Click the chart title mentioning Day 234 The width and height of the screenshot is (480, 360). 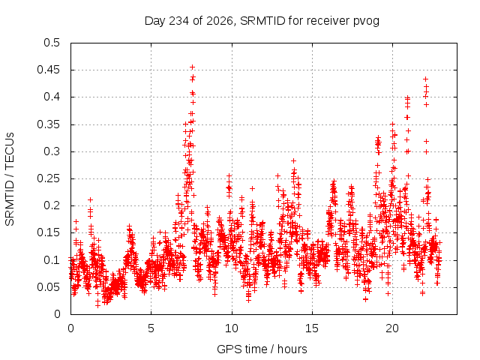click(262, 21)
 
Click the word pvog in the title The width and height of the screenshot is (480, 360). click(367, 22)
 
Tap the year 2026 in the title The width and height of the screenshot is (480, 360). click(220, 21)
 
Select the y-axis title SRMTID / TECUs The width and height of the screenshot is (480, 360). click(10, 179)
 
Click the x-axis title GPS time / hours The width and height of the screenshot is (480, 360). click(262, 349)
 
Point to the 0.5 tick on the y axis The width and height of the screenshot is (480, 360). click(52, 43)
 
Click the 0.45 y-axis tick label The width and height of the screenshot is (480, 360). click(49, 70)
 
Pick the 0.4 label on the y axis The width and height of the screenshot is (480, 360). click(52, 97)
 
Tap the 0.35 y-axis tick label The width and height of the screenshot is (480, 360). click(49, 124)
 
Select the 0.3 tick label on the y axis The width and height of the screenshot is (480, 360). click(52, 151)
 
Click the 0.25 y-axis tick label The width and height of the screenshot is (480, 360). click(49, 178)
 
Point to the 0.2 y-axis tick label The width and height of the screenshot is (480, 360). click(52, 205)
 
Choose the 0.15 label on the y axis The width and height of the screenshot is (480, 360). click(49, 232)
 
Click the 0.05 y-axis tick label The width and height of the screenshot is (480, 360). click(49, 287)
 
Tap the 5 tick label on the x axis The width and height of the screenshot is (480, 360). click(151, 328)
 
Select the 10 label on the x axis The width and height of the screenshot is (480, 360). click(232, 328)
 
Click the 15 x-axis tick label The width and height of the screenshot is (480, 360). click(312, 328)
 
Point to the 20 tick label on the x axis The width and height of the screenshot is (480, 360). click(392, 328)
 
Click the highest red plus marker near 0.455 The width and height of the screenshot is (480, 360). click(192, 67)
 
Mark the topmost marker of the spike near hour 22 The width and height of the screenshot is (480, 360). click(425, 79)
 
